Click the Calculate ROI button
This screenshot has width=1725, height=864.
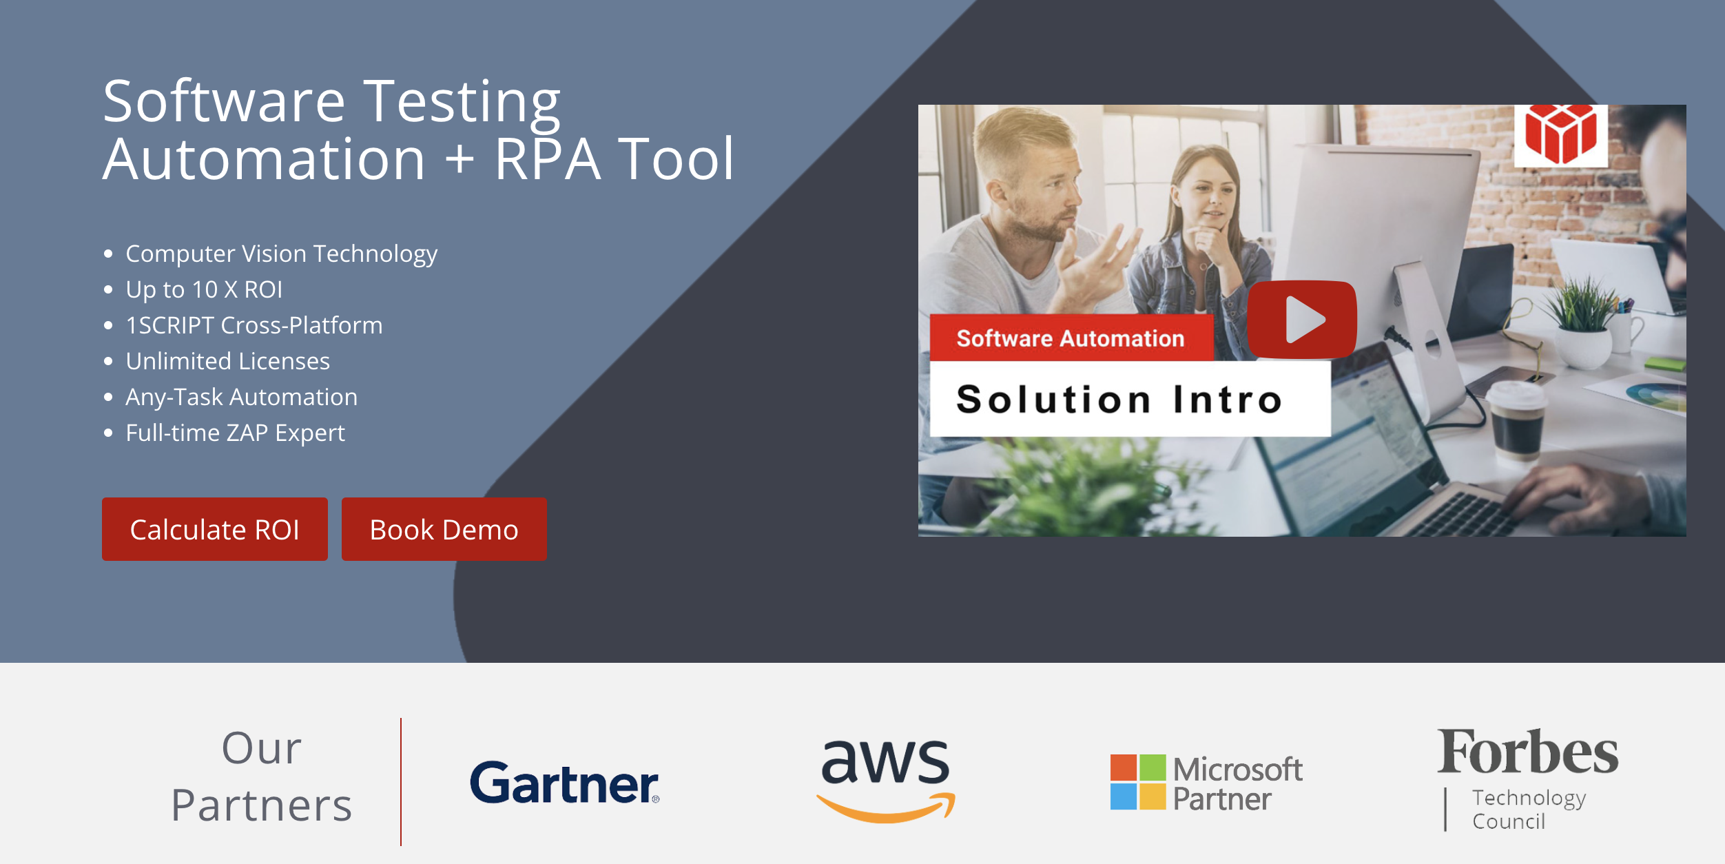214,529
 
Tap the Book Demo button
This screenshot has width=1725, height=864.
444,529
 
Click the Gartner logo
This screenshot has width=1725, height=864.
564,783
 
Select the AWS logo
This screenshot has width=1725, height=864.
886,779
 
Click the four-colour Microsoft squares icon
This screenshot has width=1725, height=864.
1137,782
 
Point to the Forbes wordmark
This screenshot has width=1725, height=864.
1527,752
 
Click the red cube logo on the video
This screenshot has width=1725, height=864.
1560,134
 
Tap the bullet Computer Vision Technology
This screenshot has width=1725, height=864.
281,254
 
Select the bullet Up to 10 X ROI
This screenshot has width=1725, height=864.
204,289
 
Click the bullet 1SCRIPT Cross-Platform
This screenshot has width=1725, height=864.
254,325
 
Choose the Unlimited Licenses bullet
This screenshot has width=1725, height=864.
227,361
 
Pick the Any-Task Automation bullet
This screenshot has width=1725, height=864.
241,397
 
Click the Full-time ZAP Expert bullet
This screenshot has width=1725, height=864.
235,433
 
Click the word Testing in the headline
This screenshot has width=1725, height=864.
462,102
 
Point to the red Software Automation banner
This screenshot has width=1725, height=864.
1070,338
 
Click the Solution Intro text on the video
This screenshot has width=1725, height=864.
1119,400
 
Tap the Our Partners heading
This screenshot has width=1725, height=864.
261,776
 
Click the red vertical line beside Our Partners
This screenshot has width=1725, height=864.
401,782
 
